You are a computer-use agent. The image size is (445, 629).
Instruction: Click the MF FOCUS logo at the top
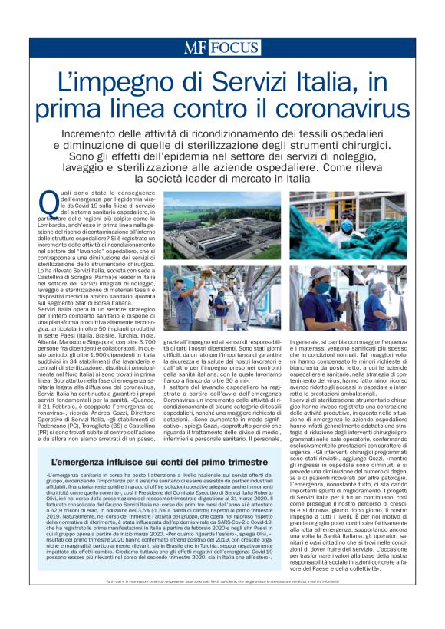222,48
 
